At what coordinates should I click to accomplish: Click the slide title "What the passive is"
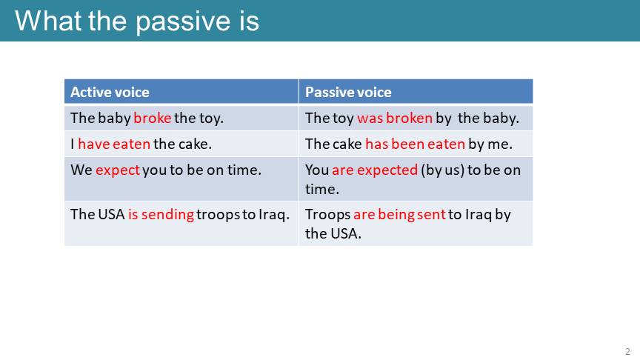click(x=137, y=21)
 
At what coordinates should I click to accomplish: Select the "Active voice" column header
click(x=110, y=93)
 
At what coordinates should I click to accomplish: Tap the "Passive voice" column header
click(x=348, y=93)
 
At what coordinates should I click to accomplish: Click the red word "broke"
click(x=153, y=118)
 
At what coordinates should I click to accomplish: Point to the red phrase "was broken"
click(x=395, y=118)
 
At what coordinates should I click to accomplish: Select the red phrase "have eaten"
click(x=114, y=144)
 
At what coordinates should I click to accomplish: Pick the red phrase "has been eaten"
click(x=415, y=144)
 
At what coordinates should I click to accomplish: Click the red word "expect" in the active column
click(x=118, y=170)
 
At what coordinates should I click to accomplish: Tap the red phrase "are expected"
click(x=375, y=170)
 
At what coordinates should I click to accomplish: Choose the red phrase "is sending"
click(x=161, y=215)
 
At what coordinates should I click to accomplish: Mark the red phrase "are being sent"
click(x=399, y=215)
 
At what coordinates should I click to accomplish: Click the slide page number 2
click(x=627, y=351)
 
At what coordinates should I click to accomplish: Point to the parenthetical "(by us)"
click(x=442, y=170)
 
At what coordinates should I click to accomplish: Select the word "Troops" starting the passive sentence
click(x=327, y=215)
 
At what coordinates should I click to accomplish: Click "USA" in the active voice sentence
click(x=111, y=214)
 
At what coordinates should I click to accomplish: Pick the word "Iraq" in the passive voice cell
click(x=479, y=215)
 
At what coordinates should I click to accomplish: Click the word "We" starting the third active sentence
click(x=81, y=170)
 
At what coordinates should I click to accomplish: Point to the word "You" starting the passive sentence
click(x=317, y=170)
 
